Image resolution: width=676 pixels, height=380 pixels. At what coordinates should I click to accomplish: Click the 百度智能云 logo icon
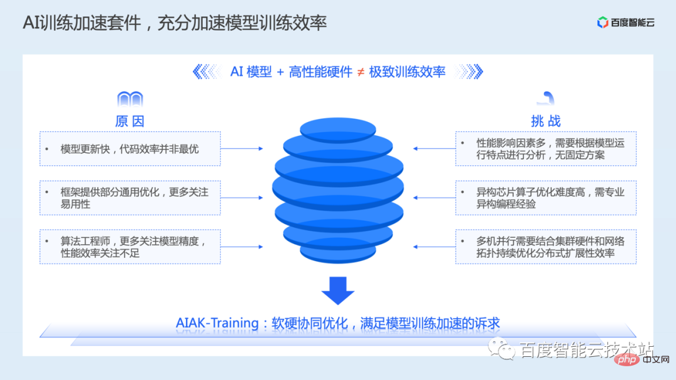click(x=603, y=23)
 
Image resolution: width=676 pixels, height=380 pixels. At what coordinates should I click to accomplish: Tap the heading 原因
click(x=130, y=121)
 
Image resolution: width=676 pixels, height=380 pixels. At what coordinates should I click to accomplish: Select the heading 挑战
click(x=545, y=121)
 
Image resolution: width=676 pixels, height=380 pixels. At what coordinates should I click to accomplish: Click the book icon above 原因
click(x=130, y=99)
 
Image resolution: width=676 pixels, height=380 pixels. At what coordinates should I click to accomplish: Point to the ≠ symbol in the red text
click(x=361, y=72)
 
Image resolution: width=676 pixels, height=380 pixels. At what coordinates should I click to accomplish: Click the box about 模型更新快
click(x=130, y=149)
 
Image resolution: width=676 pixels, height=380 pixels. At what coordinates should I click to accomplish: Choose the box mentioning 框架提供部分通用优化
click(x=130, y=198)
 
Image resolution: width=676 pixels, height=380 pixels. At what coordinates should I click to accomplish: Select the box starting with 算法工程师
click(x=130, y=246)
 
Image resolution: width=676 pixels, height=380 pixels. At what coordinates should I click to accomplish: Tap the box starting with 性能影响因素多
click(x=546, y=149)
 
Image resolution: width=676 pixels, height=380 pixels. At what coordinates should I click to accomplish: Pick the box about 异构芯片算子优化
click(x=546, y=198)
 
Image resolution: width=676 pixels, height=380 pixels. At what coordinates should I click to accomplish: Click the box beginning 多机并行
click(x=546, y=246)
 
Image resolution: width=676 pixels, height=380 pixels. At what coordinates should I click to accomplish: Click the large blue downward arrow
click(x=338, y=289)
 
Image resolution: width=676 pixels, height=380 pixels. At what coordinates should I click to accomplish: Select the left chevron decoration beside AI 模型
click(x=207, y=72)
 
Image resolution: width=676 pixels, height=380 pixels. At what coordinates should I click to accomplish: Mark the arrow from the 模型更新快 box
click(x=242, y=149)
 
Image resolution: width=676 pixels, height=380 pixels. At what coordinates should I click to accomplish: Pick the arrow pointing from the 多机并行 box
click(x=434, y=246)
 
